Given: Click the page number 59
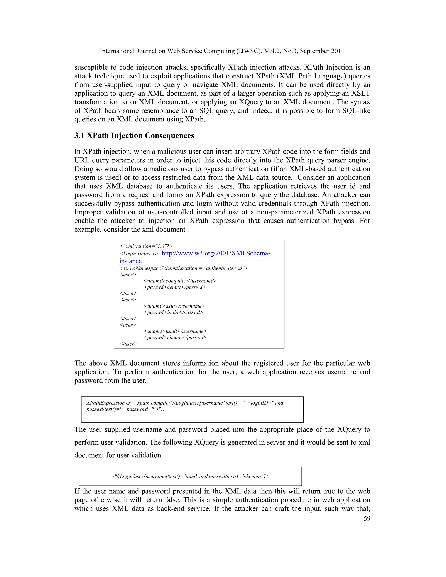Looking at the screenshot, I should [367, 518].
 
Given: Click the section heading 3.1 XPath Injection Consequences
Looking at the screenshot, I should [134, 135].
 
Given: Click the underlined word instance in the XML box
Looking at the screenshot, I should [130, 261].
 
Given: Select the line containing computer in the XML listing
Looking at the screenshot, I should [180, 281].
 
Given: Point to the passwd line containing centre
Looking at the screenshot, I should [175, 287].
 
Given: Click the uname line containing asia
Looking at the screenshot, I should [174, 306].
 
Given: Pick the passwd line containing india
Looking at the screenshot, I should [173, 312].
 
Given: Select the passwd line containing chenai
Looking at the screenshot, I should [175, 337].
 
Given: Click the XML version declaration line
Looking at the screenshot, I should [146, 246].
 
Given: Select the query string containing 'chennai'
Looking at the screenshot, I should [190, 477].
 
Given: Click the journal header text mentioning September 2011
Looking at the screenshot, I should [222, 51].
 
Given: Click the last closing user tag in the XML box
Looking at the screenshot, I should [128, 344].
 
